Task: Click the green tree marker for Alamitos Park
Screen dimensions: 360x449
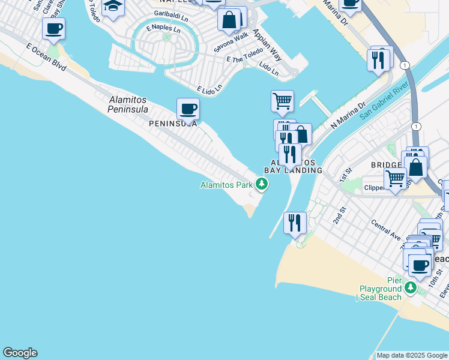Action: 261,184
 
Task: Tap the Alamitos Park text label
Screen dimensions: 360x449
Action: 226,185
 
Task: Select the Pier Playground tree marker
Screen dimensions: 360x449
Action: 411,288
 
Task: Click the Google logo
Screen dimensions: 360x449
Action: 20,353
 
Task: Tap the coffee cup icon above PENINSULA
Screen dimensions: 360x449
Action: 188,109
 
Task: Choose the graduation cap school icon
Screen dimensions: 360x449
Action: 112,7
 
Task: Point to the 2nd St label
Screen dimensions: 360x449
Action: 341,215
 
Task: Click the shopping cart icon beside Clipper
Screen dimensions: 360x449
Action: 395,178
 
